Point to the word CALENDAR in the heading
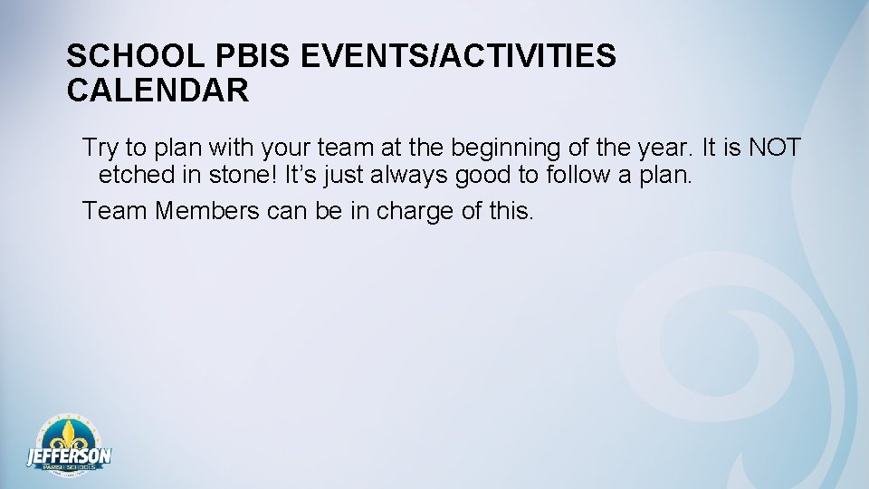[x=158, y=91]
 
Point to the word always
[x=400, y=175]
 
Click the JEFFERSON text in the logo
[x=69, y=456]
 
